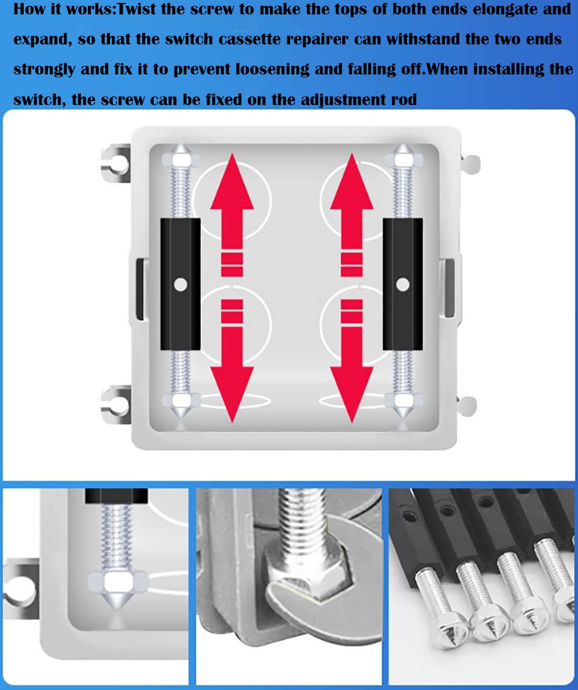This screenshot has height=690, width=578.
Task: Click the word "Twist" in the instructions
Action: [136, 9]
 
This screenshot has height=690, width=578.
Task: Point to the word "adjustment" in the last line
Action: [344, 100]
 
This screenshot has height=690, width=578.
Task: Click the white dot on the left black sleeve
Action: [180, 284]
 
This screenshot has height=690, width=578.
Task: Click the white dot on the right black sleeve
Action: [403, 284]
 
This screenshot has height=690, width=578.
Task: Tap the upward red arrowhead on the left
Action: [232, 182]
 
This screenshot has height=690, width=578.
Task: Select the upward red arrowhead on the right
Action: [351, 182]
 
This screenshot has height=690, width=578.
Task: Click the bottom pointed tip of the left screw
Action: [181, 417]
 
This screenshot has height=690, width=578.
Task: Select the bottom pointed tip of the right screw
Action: [403, 417]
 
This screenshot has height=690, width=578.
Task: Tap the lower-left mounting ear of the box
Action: [116, 405]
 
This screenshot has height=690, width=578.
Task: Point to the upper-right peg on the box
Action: [470, 164]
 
